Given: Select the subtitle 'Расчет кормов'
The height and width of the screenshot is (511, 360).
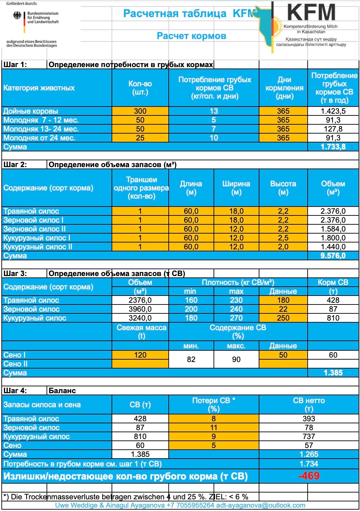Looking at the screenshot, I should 191,36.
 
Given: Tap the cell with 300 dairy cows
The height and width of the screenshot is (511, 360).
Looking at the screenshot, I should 140,111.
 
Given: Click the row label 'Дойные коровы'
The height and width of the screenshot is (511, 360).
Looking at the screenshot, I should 31,111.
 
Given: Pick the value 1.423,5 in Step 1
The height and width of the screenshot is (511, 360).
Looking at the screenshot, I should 333,111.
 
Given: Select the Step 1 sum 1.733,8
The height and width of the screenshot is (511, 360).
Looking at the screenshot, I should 333,147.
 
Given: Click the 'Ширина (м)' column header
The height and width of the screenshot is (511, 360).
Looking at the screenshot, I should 236,188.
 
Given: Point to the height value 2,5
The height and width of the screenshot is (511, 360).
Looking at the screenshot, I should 283,238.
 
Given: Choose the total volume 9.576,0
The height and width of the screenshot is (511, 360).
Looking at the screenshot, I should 333,255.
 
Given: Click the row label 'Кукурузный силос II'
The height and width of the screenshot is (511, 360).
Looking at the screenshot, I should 38,247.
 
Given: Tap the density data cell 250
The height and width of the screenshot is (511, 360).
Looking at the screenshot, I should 283,318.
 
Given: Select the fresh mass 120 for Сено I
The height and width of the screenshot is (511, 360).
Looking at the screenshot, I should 140,355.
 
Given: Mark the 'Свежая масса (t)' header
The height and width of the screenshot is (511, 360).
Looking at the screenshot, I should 141,332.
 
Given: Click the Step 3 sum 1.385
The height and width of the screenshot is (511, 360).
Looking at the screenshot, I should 333,373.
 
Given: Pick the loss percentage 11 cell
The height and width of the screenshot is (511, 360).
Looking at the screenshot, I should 214,427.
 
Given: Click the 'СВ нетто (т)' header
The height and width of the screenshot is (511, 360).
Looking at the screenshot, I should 309,404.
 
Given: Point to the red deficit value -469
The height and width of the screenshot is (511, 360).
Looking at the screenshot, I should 309,476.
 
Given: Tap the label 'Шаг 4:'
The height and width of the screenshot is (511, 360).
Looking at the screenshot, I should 15,390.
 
